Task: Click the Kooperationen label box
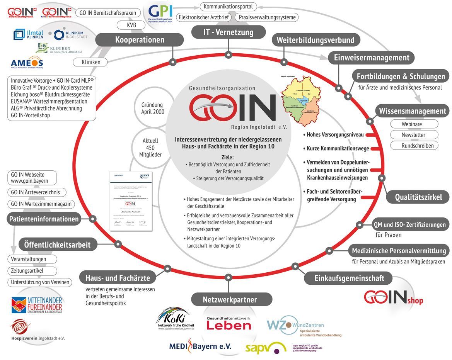[139, 40]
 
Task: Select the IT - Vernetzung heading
[228, 32]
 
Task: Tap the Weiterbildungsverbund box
[316, 40]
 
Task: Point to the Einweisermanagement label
[371, 58]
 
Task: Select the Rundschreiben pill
[414, 146]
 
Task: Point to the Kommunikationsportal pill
[228, 7]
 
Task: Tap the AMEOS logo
[26, 63]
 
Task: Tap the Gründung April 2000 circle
[152, 108]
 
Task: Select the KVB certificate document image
[131, 201]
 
